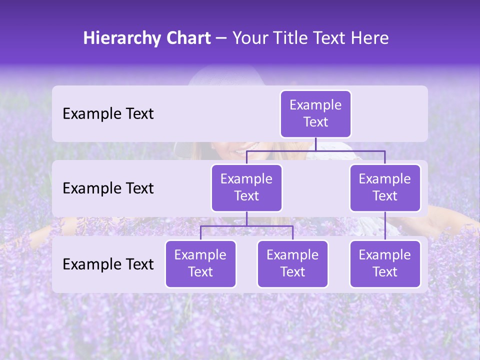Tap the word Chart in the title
(187, 38)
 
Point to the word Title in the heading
(293, 38)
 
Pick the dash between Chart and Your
(221, 39)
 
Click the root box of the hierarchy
(315, 113)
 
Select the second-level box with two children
(246, 187)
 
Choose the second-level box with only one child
(385, 187)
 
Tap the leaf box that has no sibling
(385, 263)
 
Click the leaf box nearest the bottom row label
(200, 263)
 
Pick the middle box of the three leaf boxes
(292, 263)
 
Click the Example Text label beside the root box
(108, 114)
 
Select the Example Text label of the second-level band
(108, 188)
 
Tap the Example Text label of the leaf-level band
(108, 264)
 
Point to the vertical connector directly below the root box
(315, 144)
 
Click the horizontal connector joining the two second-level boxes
(315, 150)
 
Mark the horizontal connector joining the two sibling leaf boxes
(246, 226)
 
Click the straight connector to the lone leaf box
(385, 225)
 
